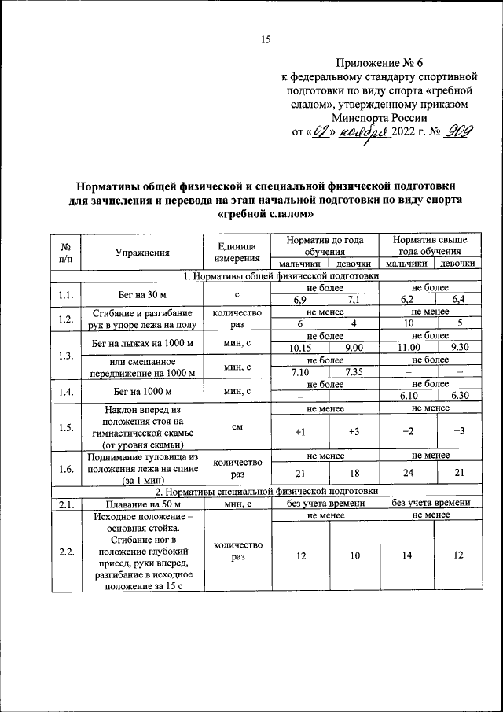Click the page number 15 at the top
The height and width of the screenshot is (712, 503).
pyautogui.click(x=265, y=41)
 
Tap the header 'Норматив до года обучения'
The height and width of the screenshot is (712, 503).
pyautogui.click(x=325, y=245)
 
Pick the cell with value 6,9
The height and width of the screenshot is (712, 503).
pyautogui.click(x=299, y=300)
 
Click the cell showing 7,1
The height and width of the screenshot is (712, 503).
pyautogui.click(x=352, y=300)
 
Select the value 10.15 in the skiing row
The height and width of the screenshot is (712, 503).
pyautogui.click(x=299, y=347)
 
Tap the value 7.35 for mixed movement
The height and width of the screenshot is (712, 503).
pyautogui.click(x=352, y=371)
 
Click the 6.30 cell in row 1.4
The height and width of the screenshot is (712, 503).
pyautogui.click(x=459, y=396)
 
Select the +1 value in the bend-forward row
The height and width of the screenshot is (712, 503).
pyautogui.click(x=299, y=432)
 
